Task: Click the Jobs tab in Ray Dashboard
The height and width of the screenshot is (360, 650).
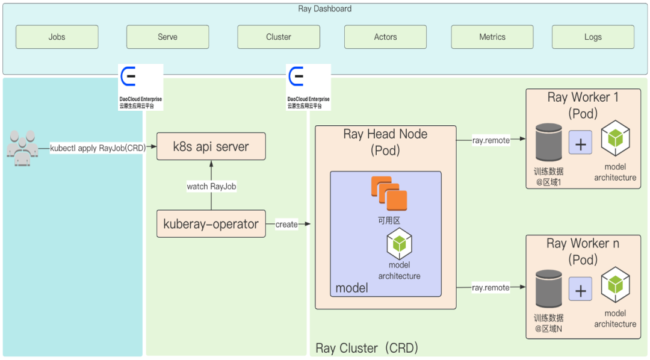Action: [x=57, y=37]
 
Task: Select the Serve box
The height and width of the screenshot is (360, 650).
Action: [x=167, y=37]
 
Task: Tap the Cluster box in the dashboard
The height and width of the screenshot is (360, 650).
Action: [x=279, y=37]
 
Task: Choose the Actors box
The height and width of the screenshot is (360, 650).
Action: [x=385, y=37]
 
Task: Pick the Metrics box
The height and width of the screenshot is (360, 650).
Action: [x=492, y=37]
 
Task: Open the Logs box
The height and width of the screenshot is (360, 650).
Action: [x=593, y=37]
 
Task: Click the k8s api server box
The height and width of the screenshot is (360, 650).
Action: [x=211, y=146]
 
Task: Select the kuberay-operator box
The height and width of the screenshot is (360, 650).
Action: [x=211, y=224]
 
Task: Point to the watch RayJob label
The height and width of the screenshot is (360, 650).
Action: [x=211, y=187]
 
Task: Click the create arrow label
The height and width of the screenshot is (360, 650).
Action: [x=286, y=225]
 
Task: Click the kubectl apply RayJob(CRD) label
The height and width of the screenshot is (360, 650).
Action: [x=97, y=147]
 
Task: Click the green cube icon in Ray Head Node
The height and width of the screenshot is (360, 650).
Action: [x=399, y=243]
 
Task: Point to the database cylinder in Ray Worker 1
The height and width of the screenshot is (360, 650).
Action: [x=548, y=143]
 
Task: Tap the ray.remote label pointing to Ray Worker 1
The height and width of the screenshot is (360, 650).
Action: [x=491, y=140]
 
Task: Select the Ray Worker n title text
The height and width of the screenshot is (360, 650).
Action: [x=583, y=244]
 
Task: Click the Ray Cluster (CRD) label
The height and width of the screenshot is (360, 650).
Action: [x=367, y=348]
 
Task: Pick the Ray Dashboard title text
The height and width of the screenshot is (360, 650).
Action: [x=325, y=8]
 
